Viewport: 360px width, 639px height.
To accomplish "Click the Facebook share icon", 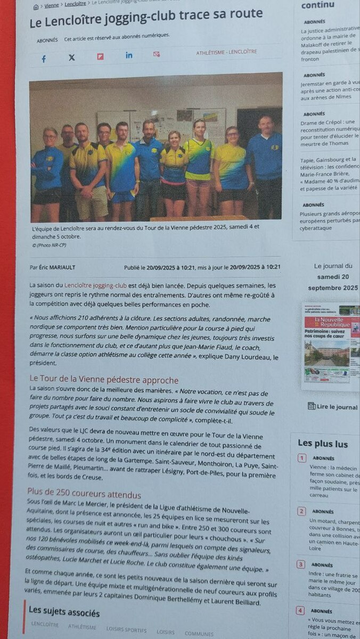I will pos(44,59).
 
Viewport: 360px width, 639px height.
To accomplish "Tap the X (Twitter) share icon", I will pos(72,58).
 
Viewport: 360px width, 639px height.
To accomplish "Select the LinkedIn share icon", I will pos(129,55).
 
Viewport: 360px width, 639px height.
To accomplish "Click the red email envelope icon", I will pos(157,54).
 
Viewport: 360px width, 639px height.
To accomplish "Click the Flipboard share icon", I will pos(100,56).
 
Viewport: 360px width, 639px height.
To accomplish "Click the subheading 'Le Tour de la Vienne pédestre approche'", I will pos(103,380).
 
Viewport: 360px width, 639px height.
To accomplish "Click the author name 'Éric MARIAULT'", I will pos(59,267).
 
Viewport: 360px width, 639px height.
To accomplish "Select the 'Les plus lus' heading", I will pos(323,443).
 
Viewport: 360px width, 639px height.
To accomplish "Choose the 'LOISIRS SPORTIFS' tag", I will pos(126,629).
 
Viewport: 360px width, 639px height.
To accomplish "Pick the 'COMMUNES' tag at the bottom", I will pos(199,634).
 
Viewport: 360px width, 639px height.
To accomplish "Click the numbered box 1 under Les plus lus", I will pos(302,458).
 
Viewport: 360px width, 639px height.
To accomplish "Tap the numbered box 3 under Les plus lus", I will pos(301,564).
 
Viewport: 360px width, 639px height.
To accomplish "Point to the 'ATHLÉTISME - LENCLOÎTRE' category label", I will pos(226,52).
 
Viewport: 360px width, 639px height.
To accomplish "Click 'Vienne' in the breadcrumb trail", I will pos(52,5).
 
